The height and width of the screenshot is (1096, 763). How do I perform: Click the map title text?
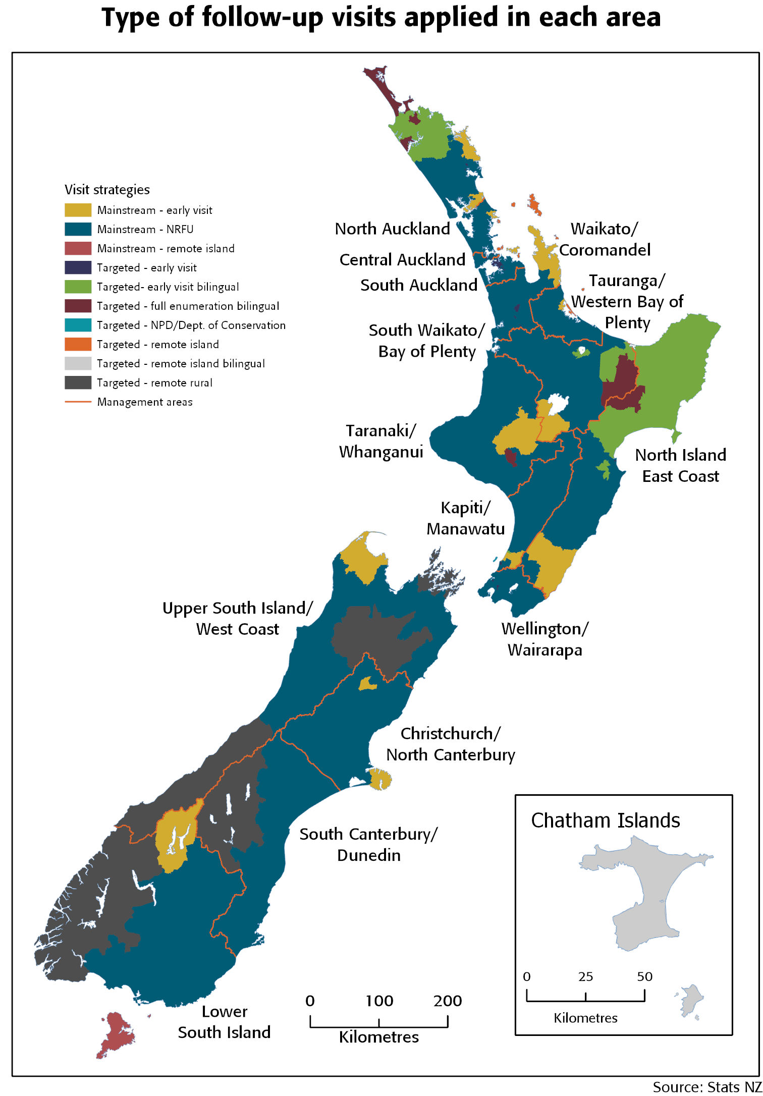click(x=381, y=18)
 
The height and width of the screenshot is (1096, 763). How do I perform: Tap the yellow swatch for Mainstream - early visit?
click(x=78, y=210)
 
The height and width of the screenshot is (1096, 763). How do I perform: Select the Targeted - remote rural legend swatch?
click(x=78, y=382)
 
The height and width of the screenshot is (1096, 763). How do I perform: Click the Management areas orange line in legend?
click(x=78, y=402)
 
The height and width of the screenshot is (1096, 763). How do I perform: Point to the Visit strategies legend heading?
click(x=107, y=190)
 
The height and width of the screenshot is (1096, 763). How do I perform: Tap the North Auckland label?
click(x=392, y=229)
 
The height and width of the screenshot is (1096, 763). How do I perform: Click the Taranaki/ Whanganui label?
click(x=381, y=441)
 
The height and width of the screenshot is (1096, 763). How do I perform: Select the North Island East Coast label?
click(x=680, y=465)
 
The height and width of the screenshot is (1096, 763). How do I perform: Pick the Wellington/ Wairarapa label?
click(x=544, y=639)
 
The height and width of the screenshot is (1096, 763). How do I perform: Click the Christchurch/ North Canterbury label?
click(x=450, y=744)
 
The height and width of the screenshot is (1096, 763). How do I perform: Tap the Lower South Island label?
click(x=224, y=1022)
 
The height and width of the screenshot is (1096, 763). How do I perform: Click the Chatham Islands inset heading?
click(x=605, y=820)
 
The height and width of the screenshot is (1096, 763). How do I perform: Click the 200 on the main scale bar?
click(x=447, y=1001)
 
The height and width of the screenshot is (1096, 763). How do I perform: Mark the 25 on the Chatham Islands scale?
click(x=585, y=976)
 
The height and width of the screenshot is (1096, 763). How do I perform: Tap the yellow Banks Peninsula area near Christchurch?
click(x=380, y=779)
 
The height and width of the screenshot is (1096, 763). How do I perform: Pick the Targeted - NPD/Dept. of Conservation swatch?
click(x=78, y=325)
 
